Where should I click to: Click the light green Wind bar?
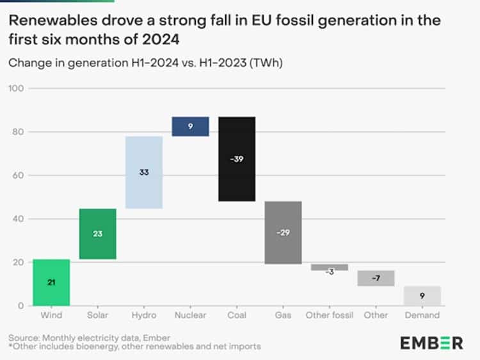point(51,282)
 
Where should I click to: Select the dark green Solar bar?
point(98,234)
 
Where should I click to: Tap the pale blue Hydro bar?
point(144,172)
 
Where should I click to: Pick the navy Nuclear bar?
point(190,126)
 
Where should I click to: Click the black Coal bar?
point(237,159)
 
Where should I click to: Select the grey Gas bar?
point(283,233)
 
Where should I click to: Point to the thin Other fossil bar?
point(330,267)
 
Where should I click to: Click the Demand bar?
point(422,296)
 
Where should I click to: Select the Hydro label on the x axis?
point(144,315)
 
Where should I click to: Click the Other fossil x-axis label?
point(330,315)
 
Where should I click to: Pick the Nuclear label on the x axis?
point(190,315)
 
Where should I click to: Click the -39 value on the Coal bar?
point(237,159)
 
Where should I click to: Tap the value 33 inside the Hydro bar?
point(144,172)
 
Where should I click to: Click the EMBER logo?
point(431,343)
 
